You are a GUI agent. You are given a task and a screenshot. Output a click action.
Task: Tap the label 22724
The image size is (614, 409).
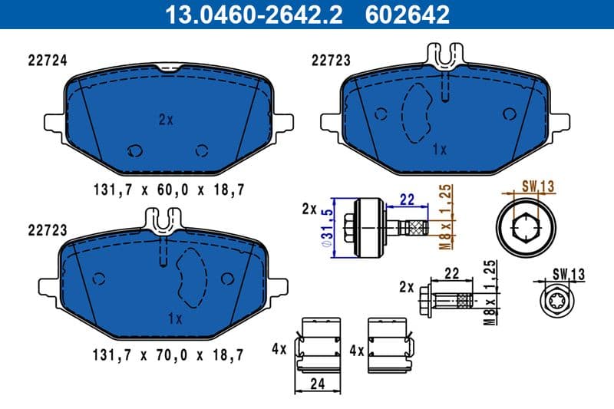(x=45, y=60)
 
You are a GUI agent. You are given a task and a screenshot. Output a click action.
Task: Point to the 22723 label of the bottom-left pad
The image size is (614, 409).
(x=45, y=229)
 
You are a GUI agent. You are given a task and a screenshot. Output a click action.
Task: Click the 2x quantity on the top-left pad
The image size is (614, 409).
(x=167, y=120)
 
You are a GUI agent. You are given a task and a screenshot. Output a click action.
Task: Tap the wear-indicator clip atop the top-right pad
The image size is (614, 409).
(x=445, y=54)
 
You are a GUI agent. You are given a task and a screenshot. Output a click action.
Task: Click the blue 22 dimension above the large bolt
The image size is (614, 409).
(x=408, y=200)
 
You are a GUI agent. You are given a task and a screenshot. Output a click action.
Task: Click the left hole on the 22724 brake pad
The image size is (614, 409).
(x=135, y=150)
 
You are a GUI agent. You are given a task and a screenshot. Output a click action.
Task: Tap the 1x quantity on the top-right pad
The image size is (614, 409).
(x=439, y=150)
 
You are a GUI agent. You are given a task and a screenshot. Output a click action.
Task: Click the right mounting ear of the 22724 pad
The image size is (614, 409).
(x=283, y=123)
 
